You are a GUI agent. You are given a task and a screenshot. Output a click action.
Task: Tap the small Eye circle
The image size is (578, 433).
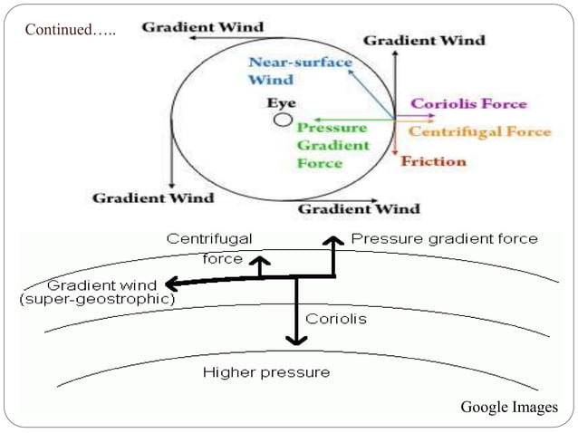pos(284,120)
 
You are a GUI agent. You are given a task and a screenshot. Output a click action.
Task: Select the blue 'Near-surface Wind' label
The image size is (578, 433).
pos(300,71)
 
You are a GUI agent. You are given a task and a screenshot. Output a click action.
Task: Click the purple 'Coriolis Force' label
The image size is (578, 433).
pos(468,104)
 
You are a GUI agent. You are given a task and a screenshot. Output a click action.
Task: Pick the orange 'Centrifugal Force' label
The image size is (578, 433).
pos(479,132)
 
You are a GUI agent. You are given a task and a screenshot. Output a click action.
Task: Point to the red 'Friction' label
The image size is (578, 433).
pos(433,161)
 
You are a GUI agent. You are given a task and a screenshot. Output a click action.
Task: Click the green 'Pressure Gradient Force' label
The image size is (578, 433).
pos(332,145)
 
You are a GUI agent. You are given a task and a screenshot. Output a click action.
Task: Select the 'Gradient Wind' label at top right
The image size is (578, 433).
pos(423,40)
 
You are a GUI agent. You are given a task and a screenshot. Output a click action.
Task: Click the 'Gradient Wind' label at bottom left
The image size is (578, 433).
pos(153,197)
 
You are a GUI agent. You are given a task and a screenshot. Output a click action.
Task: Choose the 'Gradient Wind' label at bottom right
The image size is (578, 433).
pos(359,209)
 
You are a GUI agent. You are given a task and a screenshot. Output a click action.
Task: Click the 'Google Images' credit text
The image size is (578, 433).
pos(509,408)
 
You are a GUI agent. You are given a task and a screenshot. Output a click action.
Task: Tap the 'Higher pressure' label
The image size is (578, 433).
pos(266,372)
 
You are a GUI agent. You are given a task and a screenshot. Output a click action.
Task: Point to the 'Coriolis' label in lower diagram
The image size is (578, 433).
pos(335,319)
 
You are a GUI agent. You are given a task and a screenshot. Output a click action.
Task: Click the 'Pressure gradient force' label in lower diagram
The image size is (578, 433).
pos(444,239)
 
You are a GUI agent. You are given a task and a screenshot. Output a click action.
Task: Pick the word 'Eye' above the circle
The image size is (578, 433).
pos(281,103)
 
